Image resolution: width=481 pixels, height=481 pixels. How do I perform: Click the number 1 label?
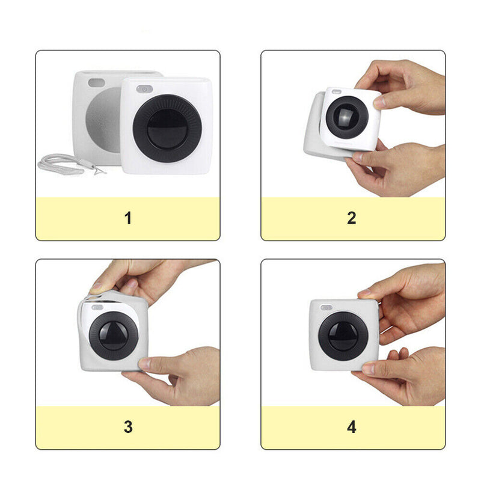pos(128,218)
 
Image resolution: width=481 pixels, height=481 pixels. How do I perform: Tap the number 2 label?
pos(352,218)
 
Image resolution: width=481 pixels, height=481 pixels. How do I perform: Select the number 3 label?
pos(128,427)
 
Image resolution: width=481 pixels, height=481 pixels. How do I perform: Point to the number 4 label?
pos(352,427)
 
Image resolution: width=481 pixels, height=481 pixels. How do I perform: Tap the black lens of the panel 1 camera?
pos(167,129)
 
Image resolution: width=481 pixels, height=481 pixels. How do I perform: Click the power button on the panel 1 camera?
pos(144,89)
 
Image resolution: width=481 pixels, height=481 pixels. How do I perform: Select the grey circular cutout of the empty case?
pos(103,120)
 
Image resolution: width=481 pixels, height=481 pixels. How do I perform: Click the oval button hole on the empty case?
pos(96,82)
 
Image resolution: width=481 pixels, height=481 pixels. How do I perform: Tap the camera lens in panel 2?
pos(347,117)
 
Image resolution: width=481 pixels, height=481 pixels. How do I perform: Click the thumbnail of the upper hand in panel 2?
pos(379,102)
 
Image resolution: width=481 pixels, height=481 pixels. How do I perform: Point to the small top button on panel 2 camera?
pos(337,91)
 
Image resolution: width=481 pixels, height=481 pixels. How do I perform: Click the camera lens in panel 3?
pos(114,336)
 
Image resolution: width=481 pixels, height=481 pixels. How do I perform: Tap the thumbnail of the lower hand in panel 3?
pos(144,364)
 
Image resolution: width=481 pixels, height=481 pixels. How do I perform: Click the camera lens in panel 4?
pos(343,336)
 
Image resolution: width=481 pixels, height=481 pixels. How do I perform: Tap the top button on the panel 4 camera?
pos(326,307)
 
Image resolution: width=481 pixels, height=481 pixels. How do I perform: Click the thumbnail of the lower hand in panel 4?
pos(369,368)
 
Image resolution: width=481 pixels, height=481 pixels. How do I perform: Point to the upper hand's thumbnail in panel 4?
pos(364,293)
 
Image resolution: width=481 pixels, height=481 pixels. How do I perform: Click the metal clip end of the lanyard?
pos(99,170)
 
